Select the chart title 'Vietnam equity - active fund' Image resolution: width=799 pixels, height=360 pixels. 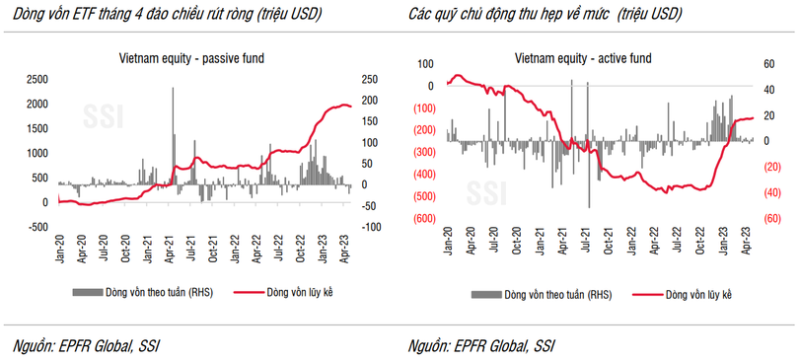[584, 58]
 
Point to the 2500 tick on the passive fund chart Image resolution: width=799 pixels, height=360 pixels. [36, 79]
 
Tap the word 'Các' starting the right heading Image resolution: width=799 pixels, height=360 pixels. [422, 15]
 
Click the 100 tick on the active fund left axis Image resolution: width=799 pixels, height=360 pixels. [427, 64]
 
